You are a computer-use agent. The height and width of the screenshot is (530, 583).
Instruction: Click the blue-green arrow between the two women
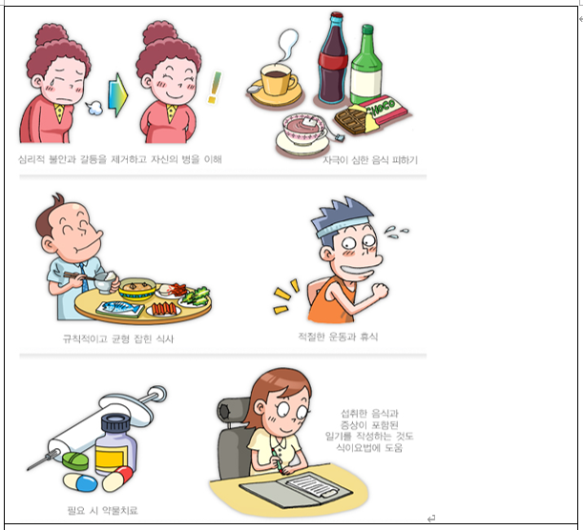[x=118, y=95]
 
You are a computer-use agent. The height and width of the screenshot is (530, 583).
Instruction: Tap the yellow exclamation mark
[x=215, y=88]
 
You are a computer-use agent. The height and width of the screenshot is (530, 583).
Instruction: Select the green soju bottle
[x=366, y=65]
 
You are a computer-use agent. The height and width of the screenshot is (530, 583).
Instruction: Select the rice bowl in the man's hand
[x=106, y=283]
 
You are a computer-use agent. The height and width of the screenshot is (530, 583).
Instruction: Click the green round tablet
[x=75, y=461]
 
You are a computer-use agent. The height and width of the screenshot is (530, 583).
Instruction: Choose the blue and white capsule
[x=80, y=482]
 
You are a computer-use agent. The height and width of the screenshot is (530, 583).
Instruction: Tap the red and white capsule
[x=117, y=479]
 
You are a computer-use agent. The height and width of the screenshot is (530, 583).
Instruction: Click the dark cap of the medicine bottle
[x=115, y=424]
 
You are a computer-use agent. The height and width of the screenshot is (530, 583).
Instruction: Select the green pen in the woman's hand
[x=278, y=461]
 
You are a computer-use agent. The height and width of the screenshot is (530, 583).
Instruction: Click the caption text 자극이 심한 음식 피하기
[x=370, y=160]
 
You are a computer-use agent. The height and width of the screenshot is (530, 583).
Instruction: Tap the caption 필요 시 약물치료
[x=103, y=510]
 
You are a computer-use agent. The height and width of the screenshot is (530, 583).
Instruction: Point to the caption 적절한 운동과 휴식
[x=338, y=336]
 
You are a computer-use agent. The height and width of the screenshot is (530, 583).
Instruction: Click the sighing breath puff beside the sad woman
[x=94, y=108]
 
